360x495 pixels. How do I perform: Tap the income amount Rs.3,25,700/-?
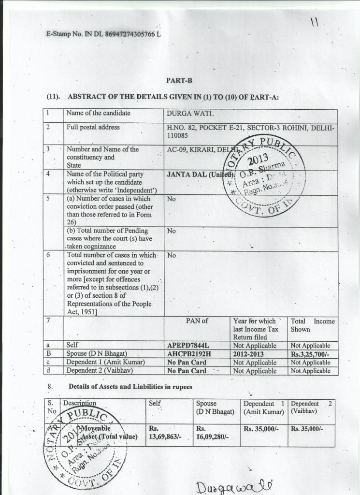coord(310,354)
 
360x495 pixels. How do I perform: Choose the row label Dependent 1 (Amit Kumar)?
coord(105,363)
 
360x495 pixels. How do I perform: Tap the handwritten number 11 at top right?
coord(315,22)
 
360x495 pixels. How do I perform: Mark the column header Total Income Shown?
coord(312,325)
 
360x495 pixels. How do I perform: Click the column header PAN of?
coord(197,321)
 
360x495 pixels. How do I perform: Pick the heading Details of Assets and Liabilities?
coord(130,387)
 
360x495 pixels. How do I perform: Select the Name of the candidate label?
coord(98,114)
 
